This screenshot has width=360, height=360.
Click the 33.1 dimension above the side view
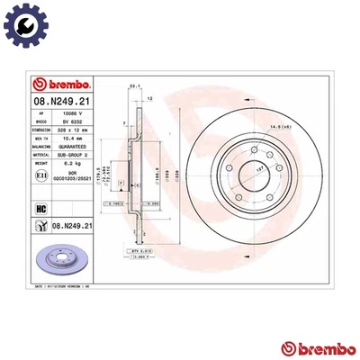coord(135,86)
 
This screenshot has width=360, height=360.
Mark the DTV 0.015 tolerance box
coord(140,250)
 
